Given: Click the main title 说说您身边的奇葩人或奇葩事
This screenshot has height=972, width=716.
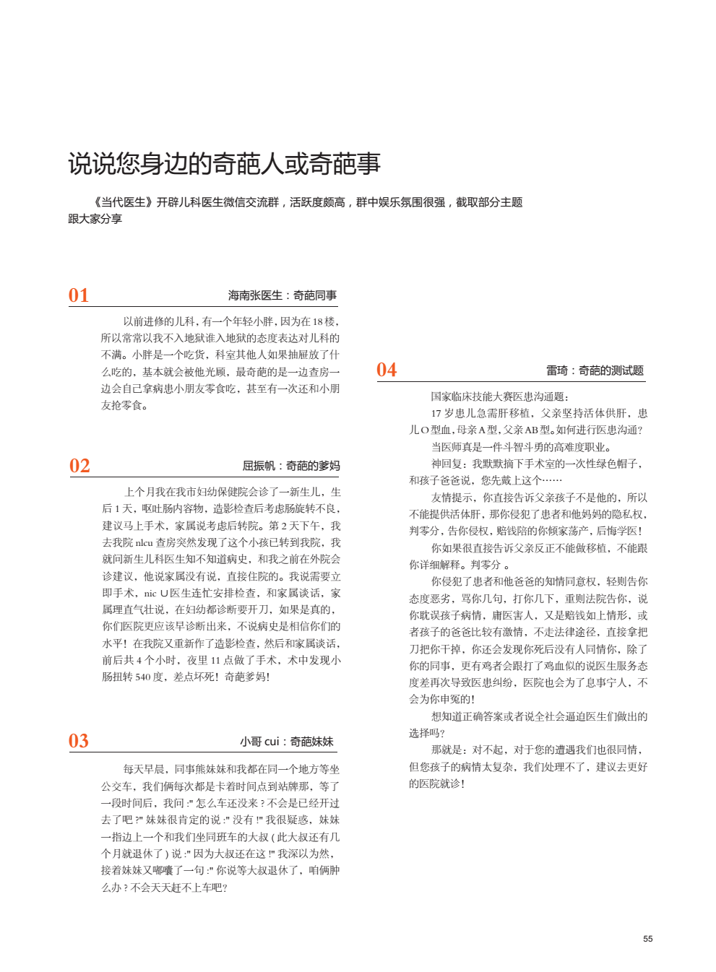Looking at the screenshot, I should tap(224, 164).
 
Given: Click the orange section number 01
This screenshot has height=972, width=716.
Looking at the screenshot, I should tap(79, 295).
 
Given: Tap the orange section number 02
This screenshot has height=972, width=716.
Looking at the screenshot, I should tap(79, 466).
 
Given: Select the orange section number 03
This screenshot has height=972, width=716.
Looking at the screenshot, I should tap(79, 741).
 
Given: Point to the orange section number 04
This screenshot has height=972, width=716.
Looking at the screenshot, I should tap(387, 370).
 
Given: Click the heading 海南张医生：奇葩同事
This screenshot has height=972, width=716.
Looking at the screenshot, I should tap(282, 295).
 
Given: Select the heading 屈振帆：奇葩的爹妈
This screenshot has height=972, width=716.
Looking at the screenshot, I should tap(290, 466).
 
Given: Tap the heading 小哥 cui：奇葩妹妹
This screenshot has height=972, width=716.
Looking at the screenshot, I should tap(287, 742).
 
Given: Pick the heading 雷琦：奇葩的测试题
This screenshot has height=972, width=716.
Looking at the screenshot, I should tap(595, 370).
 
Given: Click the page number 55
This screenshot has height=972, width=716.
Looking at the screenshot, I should tap(647, 939).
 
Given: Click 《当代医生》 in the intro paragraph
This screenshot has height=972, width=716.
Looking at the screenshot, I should tap(124, 202).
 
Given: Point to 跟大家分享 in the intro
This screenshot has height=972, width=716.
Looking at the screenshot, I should tap(95, 219).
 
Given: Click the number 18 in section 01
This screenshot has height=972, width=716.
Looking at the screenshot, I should tap(318, 322).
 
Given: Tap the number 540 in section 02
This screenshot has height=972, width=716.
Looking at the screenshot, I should tap(143, 677).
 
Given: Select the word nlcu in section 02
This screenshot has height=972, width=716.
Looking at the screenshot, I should tap(144, 543).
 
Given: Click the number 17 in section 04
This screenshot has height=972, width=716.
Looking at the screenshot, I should tap(436, 414).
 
